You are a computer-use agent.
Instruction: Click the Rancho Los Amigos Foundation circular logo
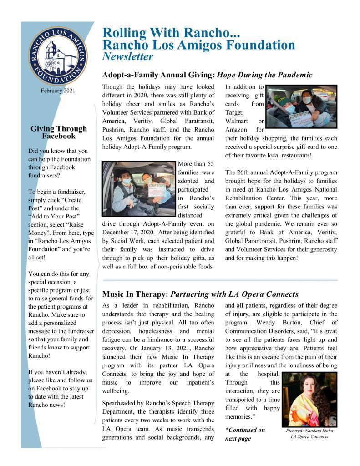tap(57, 56)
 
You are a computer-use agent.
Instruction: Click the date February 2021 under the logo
tap(57, 91)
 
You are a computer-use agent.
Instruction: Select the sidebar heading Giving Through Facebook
tap(59, 132)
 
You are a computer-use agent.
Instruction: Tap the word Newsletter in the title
tap(128, 57)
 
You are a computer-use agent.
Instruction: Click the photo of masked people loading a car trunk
tap(301, 107)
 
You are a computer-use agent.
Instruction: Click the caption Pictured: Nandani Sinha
tap(309, 430)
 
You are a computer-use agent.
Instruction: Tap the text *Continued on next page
tap(245, 434)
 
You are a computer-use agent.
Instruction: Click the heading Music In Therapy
tap(135, 294)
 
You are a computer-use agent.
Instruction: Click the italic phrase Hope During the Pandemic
tap(264, 75)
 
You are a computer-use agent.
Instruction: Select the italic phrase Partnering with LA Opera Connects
tap(234, 294)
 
